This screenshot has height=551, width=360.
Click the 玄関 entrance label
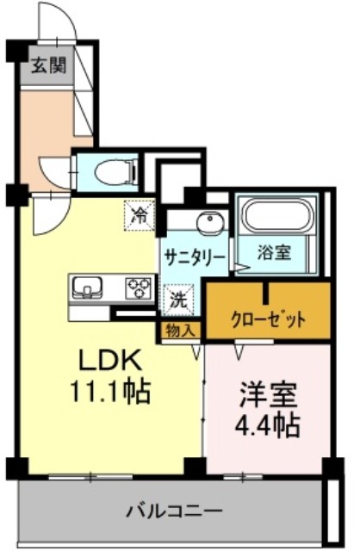[x=48, y=65]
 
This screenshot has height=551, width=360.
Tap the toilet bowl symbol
[x=116, y=172]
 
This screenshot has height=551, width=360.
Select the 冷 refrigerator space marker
[x=140, y=214]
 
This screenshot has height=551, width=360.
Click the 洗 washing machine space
[x=179, y=298]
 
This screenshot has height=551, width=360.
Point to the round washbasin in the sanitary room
[x=210, y=222]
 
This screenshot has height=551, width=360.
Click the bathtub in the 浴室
[x=278, y=215]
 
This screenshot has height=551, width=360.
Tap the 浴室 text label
[x=274, y=252]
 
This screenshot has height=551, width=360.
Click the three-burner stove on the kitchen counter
[x=139, y=288]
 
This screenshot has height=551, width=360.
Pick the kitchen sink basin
[x=87, y=287]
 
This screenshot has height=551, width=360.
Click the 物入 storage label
[x=180, y=331]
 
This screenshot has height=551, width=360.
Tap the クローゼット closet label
[x=268, y=320]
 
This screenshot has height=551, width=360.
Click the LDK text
[x=110, y=360]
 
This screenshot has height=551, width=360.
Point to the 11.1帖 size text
[x=111, y=391]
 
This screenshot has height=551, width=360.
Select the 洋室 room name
[x=268, y=394]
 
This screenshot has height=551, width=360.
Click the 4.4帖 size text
[x=267, y=424]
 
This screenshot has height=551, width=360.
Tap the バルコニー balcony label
[x=174, y=511]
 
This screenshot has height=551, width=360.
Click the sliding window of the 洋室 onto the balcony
[x=243, y=476]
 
